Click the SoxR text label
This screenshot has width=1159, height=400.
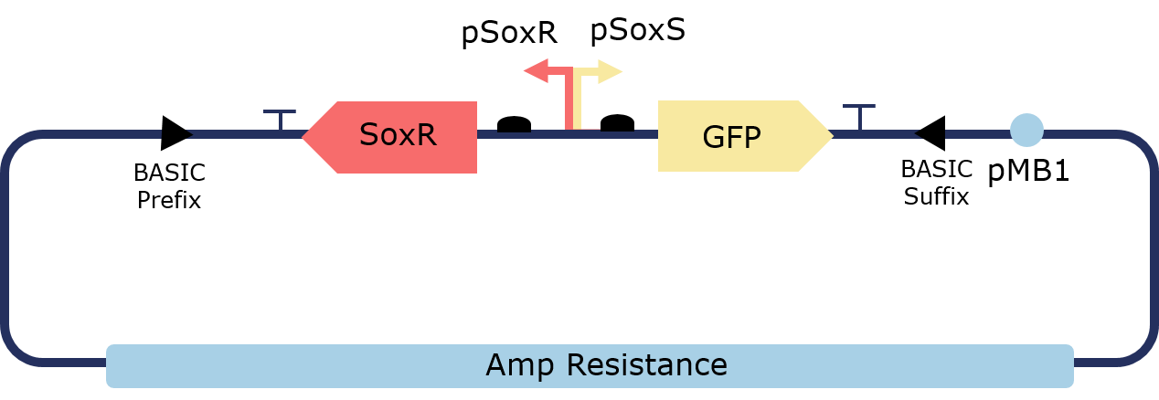(x=398, y=135)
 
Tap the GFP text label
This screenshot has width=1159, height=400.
(x=731, y=137)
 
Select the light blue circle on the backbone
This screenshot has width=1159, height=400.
(x=1026, y=130)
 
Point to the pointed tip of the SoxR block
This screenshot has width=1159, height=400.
(x=304, y=137)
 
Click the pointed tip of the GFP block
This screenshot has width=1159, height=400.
(x=831, y=135)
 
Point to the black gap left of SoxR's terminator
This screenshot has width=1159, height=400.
(x=175, y=134)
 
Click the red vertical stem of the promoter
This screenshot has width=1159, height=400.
(x=570, y=100)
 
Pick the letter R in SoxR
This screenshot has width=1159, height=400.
(x=425, y=135)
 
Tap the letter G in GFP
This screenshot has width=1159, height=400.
(x=713, y=137)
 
